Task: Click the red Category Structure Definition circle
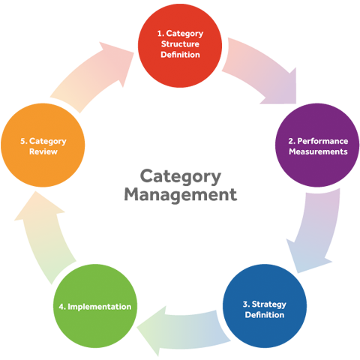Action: point(180,46)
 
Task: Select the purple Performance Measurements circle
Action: point(317,145)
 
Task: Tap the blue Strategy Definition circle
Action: point(265,306)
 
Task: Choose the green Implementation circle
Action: point(95,306)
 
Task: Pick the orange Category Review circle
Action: point(43,145)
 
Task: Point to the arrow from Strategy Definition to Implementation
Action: point(184,330)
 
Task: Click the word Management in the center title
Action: point(181,194)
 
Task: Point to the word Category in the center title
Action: point(181,177)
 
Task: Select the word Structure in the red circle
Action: point(180,44)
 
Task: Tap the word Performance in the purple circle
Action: point(322,142)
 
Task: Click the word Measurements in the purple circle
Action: point(318,151)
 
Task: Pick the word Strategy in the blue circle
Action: point(268,304)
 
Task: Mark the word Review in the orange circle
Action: point(43,151)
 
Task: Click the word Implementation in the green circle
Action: point(99,307)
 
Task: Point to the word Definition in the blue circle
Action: point(265,315)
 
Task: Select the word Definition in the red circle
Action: point(180,55)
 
